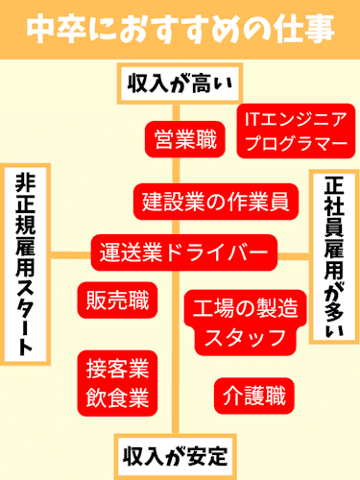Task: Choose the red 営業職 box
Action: pyautogui.click(x=181, y=138)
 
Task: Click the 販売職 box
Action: pyautogui.click(x=116, y=300)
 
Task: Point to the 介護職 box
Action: pyautogui.click(x=253, y=395)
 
